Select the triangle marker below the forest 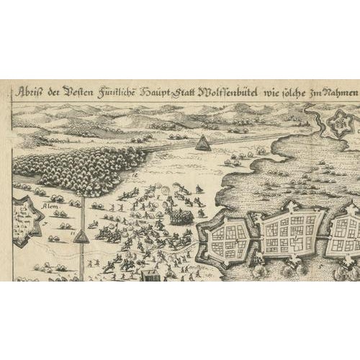click(x=83, y=236)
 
